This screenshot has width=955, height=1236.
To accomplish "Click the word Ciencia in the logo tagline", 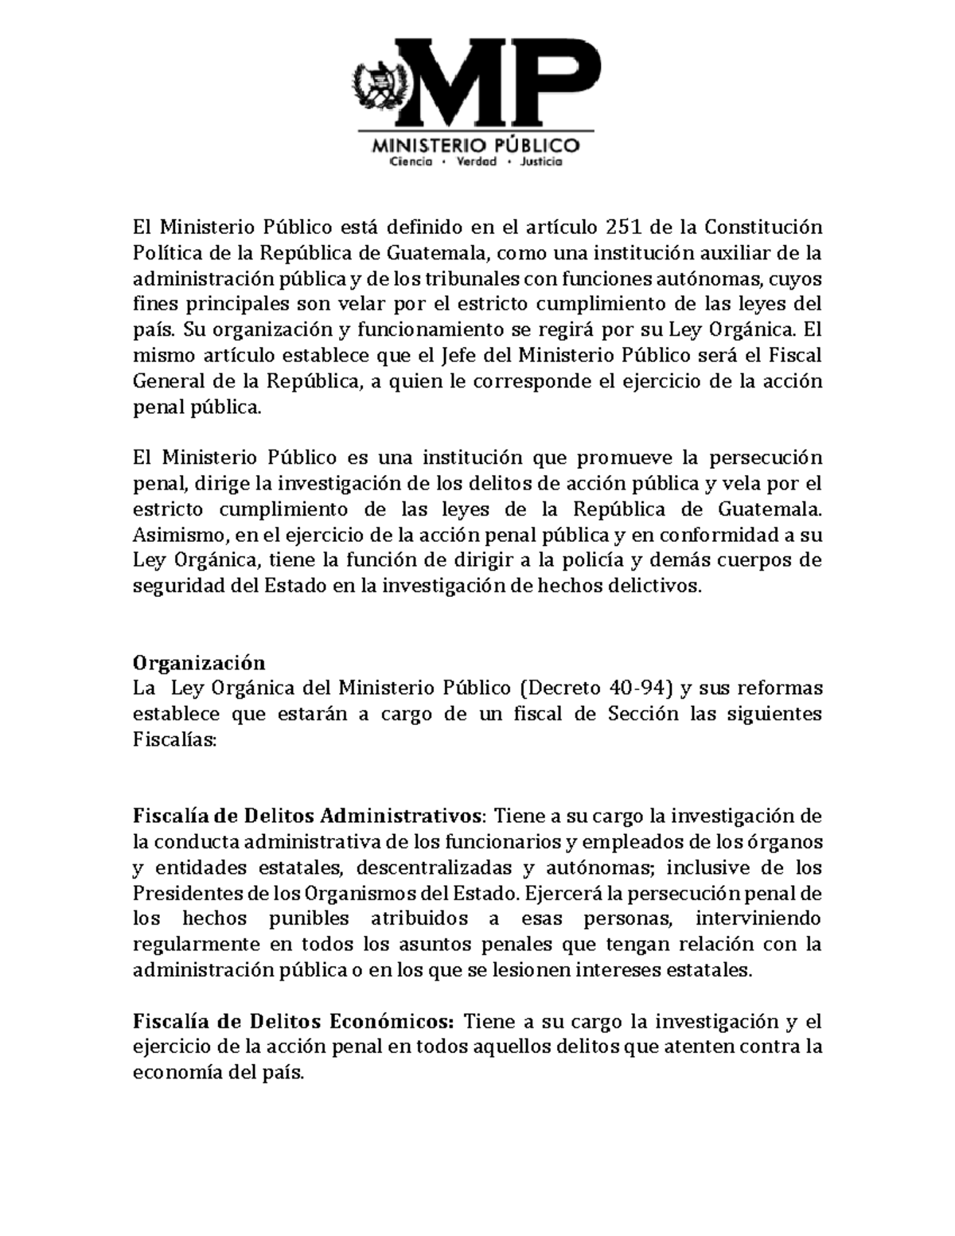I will coord(410,162).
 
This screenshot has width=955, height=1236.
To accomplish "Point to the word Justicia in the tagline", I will coord(540,162).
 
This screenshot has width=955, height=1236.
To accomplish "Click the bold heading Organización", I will coord(198,663).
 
